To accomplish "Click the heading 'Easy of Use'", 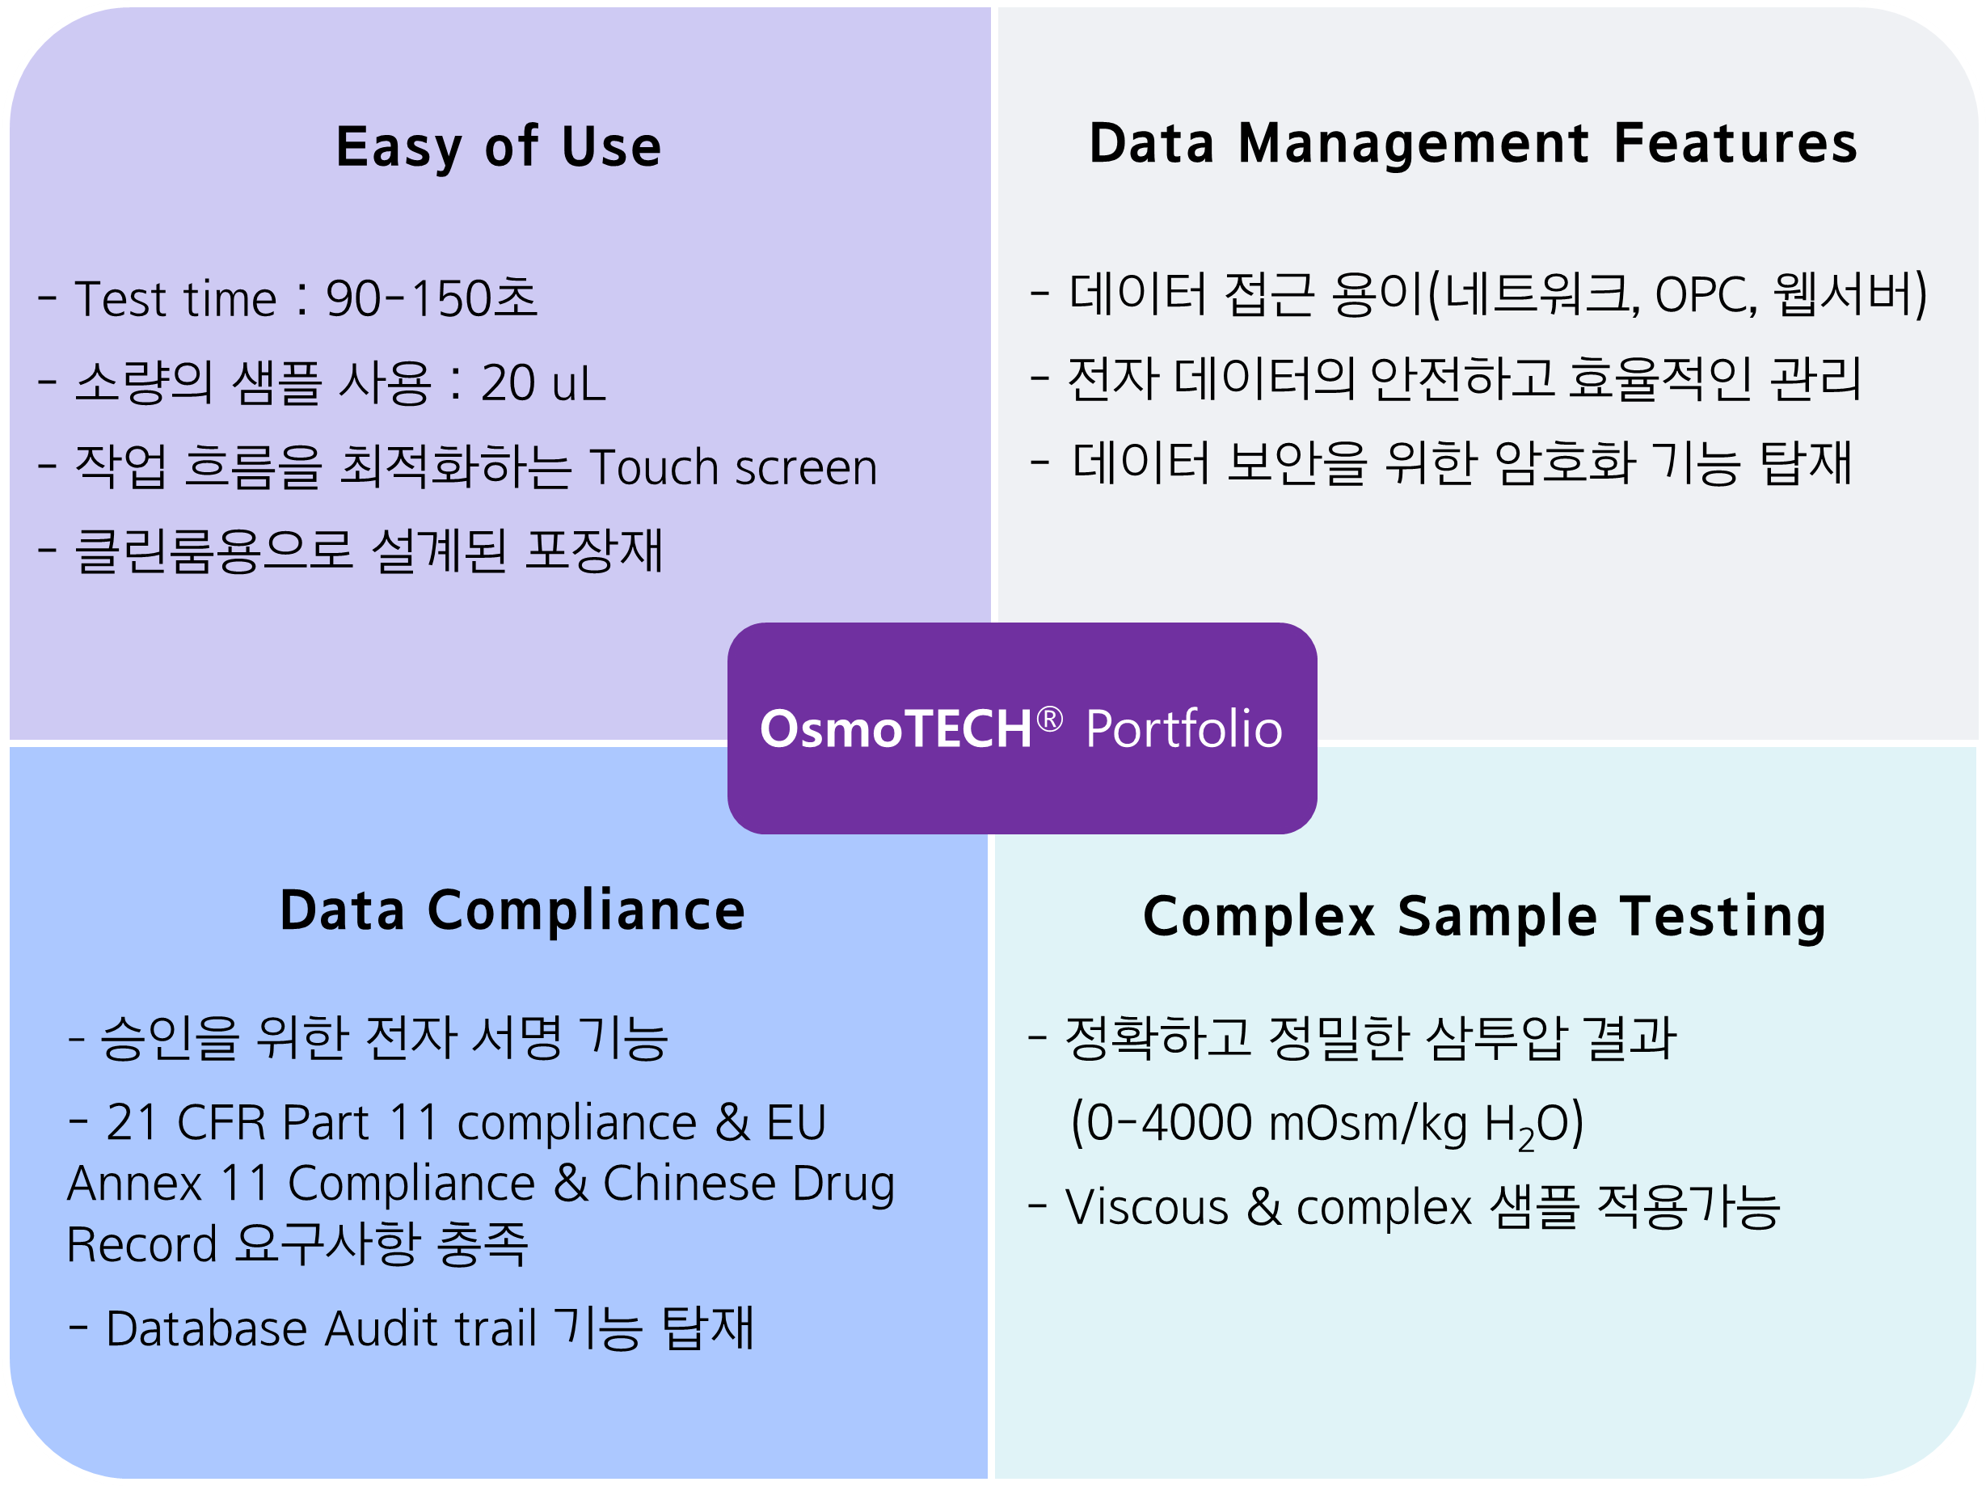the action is tap(498, 146).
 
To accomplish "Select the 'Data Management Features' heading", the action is tap(1474, 144).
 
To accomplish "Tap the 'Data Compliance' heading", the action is tap(512, 910).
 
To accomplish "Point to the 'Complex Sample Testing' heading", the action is tap(1485, 917).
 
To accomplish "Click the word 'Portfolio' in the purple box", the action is tap(1184, 728).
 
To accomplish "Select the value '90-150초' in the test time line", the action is tap(432, 298).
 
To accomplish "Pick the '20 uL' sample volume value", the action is tap(543, 382).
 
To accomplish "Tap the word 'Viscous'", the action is tap(1146, 1207).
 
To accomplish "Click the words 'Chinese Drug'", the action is tap(748, 1184).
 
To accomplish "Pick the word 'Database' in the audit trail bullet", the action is tap(206, 1329).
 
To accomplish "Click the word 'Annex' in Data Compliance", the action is tap(135, 1184).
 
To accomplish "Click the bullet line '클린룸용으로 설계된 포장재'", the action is tap(350, 551).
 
